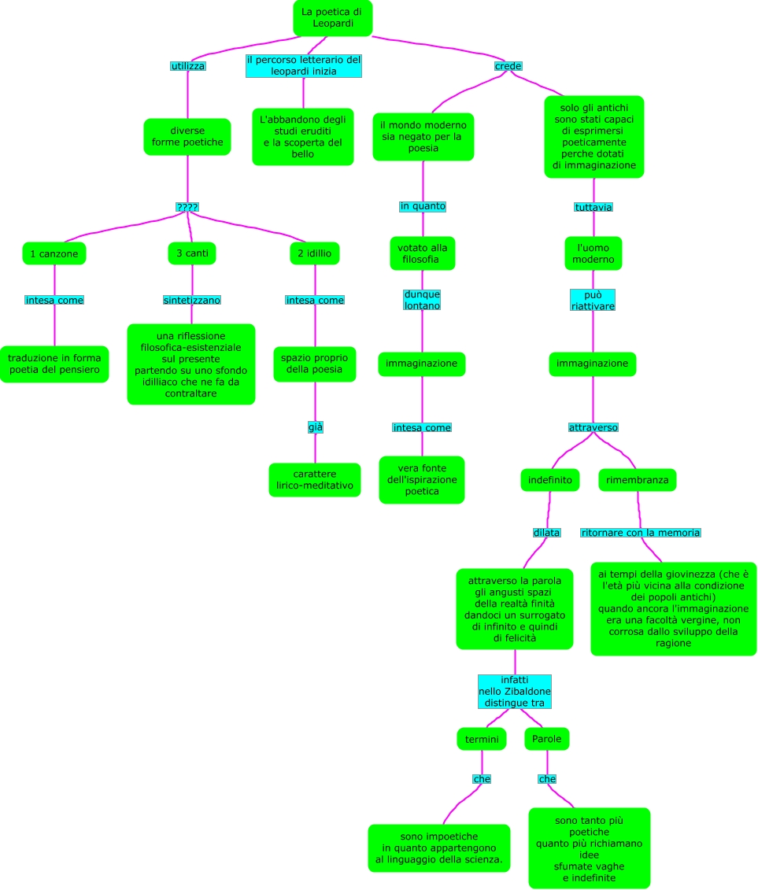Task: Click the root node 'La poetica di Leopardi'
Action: [332, 18]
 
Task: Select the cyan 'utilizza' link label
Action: [187, 66]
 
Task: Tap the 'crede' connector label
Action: [508, 66]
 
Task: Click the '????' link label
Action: [187, 207]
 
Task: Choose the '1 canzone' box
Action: [54, 253]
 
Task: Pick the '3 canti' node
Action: [192, 253]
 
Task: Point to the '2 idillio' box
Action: [314, 253]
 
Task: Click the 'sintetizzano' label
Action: [192, 300]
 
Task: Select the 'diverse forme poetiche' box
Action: [187, 136]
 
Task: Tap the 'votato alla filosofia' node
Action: [423, 253]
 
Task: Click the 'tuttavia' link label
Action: [593, 207]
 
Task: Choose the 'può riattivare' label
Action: [593, 300]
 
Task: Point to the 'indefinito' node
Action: [550, 478]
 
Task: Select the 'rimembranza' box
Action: [637, 478]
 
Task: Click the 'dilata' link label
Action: [546, 533]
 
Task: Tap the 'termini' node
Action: [481, 739]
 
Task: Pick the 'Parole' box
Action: [547, 739]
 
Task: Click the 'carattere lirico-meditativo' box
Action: [315, 480]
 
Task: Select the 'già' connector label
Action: [315, 427]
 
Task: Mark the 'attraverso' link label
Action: [593, 427]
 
